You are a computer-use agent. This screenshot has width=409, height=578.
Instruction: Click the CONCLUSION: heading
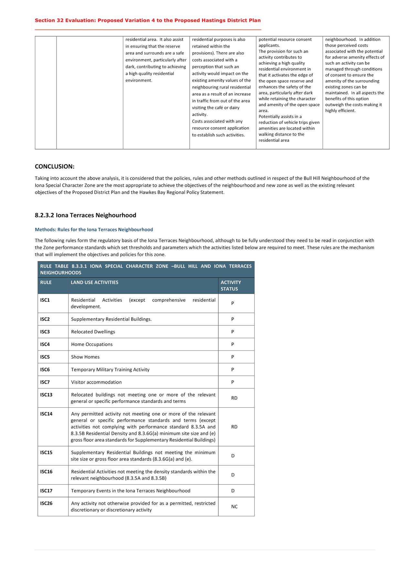(x=55, y=167)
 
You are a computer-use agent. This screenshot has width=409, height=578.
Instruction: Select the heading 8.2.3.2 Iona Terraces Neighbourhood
(x=85, y=215)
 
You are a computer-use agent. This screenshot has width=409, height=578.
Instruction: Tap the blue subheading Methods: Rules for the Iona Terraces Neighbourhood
(x=94, y=230)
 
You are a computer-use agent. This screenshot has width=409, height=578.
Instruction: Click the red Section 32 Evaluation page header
(x=148, y=20)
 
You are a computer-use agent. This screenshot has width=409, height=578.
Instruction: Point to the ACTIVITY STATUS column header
(x=231, y=286)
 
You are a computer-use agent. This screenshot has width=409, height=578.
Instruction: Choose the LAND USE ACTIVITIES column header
(x=95, y=282)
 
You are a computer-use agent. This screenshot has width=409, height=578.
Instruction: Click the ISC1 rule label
(x=45, y=300)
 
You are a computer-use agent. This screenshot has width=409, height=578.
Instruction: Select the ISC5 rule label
(x=45, y=357)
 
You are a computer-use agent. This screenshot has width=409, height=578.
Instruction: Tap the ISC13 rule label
(x=46, y=395)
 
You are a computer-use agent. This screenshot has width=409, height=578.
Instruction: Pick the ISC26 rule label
(x=46, y=503)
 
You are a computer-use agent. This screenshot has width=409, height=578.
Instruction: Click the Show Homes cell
(x=85, y=357)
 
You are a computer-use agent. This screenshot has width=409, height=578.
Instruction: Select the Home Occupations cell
(x=92, y=344)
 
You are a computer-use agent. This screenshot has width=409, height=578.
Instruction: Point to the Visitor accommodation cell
(x=96, y=382)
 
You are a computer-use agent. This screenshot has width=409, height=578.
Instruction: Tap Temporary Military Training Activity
(x=110, y=370)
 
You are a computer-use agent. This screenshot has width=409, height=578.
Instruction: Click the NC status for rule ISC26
(x=234, y=507)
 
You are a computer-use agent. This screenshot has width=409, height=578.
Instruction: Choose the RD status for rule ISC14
(x=234, y=427)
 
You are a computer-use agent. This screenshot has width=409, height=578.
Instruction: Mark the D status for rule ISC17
(x=233, y=491)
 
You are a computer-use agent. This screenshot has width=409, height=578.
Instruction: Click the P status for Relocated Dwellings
(x=233, y=332)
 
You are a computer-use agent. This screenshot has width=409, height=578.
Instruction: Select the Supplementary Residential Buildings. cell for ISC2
(x=111, y=319)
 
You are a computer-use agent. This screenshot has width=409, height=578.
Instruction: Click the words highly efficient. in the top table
(x=340, y=111)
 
